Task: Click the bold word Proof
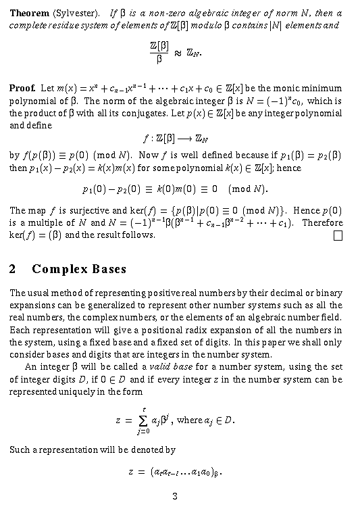[22, 89]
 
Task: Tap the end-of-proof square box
[338, 235]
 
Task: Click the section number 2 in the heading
[14, 270]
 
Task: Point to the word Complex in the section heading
[56, 270]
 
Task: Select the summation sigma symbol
[143, 420]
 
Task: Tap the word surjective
[80, 210]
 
